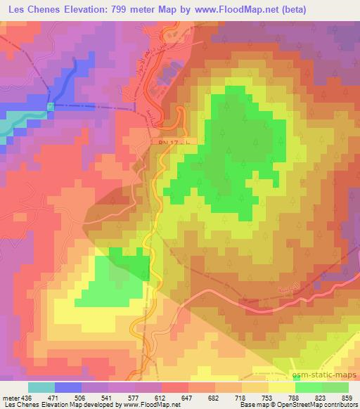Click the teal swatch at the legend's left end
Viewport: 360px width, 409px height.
pos(41,387)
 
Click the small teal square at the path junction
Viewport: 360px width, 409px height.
pos(50,106)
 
